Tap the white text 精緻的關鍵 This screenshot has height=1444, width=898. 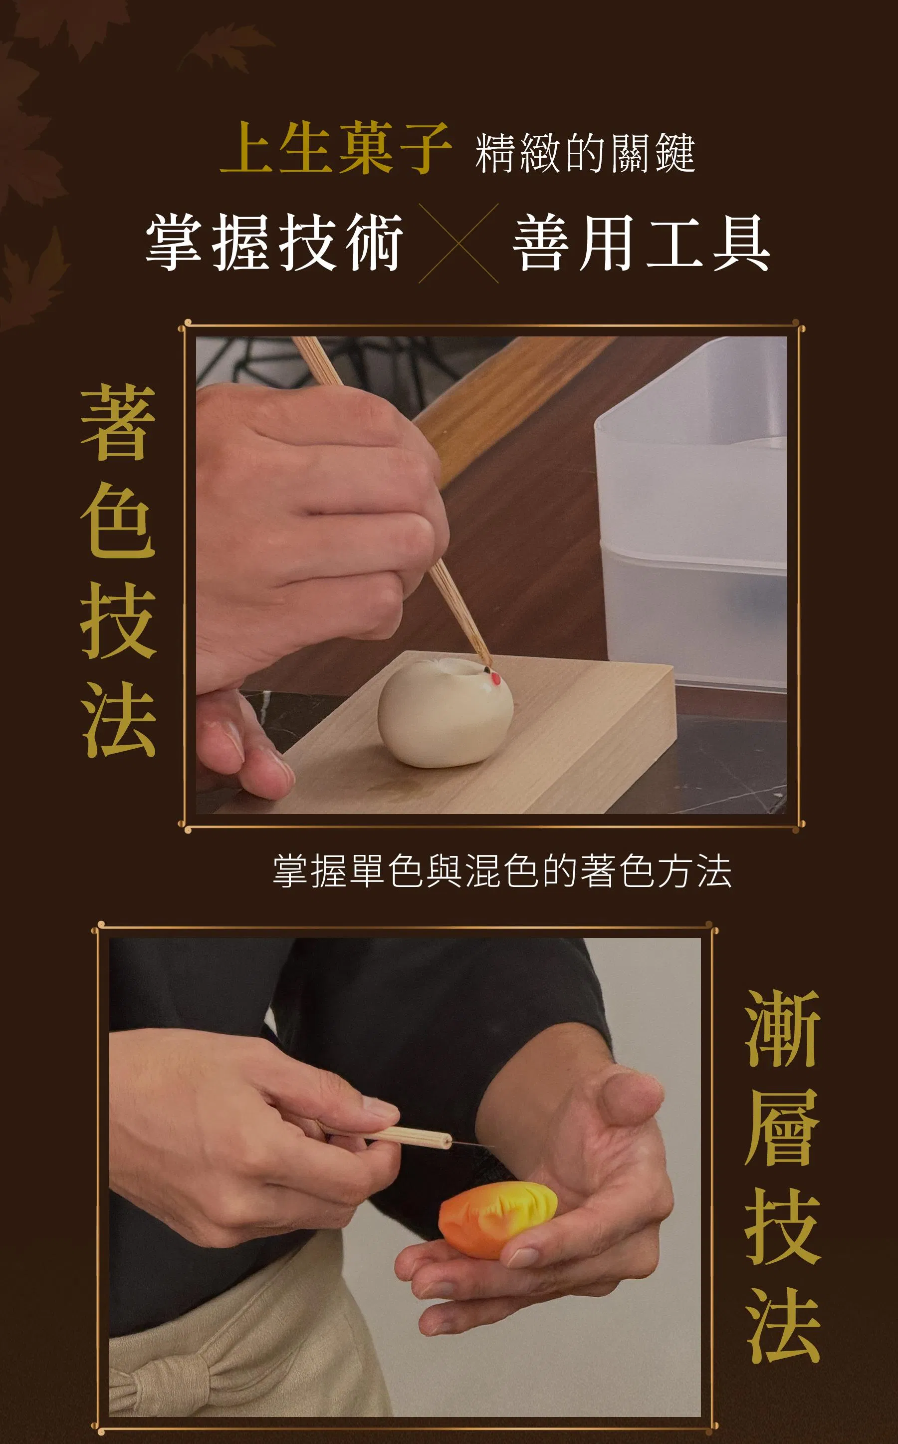point(585,153)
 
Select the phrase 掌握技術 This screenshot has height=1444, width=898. point(274,243)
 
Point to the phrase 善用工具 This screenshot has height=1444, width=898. point(642,243)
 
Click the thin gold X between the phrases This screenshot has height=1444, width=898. point(458,243)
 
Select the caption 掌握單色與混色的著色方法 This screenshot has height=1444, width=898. point(502,871)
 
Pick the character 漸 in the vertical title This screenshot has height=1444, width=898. point(783,1029)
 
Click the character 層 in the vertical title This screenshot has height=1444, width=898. point(783,1127)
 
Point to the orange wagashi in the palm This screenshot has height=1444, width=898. point(498,1219)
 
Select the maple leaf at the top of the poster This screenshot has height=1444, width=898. point(225,47)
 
